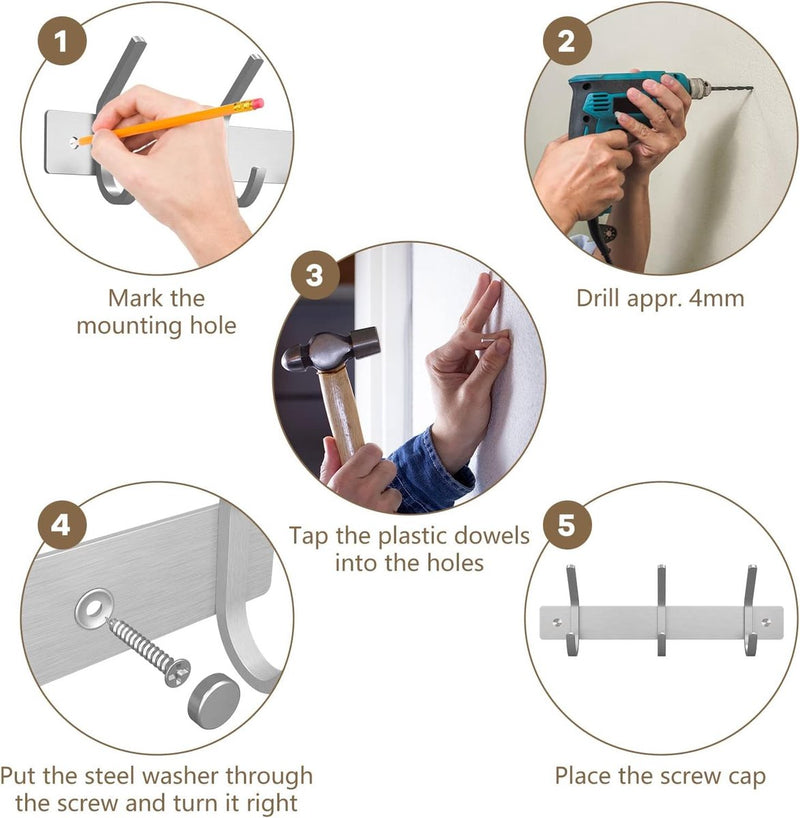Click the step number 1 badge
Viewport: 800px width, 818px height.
(62, 41)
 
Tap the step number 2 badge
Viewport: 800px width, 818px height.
(567, 41)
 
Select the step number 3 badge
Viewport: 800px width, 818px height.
(315, 275)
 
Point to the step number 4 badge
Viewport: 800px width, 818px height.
(62, 525)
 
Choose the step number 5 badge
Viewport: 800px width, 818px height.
(567, 525)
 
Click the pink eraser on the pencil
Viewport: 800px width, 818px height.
(257, 103)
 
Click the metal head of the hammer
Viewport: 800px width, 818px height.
(331, 348)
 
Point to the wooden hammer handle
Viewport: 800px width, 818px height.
(342, 412)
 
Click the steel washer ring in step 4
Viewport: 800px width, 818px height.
(94, 608)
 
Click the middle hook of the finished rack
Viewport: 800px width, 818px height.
(661, 609)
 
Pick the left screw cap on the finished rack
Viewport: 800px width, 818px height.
(557, 621)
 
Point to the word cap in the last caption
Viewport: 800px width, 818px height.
(745, 777)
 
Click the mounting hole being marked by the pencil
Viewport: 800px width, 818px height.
(74, 142)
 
